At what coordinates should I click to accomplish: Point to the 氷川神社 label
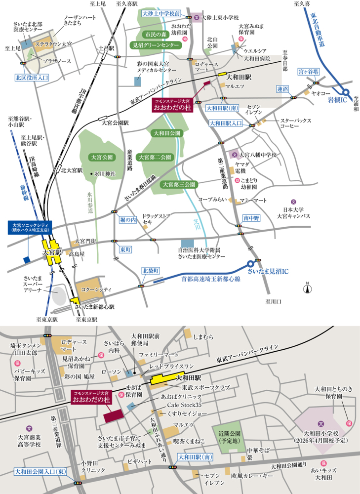tap(105, 174)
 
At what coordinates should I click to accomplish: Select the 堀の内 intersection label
tap(127, 219)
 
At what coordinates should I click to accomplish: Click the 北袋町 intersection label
tap(151, 271)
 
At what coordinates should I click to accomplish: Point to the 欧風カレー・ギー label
tap(249, 476)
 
